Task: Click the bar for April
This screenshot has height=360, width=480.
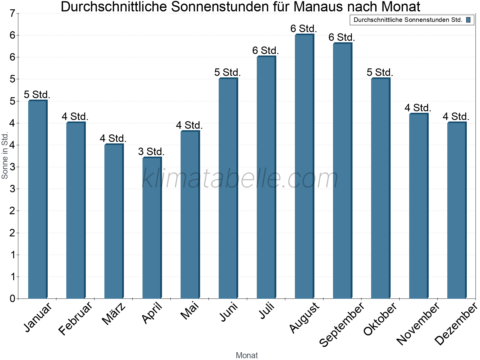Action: point(151,228)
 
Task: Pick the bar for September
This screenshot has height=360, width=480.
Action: point(342,171)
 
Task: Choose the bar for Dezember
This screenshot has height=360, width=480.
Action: point(456,210)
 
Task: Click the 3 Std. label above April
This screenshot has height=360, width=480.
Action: point(151,152)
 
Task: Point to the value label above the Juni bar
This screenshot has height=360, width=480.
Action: point(227,73)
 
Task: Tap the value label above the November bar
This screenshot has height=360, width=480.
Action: point(418,108)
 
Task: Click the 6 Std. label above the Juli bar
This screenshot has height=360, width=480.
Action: point(265,51)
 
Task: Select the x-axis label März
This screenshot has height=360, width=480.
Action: point(114,314)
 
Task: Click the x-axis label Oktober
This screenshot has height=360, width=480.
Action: point(380,319)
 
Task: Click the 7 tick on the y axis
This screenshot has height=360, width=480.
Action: point(12,13)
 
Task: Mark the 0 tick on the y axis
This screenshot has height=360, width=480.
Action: point(12,298)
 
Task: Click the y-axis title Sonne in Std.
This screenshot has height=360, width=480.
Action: point(5,156)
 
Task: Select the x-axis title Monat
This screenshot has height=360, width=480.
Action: point(247,355)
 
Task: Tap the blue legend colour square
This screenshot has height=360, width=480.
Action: point(468,20)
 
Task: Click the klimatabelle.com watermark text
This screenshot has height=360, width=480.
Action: point(240,178)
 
